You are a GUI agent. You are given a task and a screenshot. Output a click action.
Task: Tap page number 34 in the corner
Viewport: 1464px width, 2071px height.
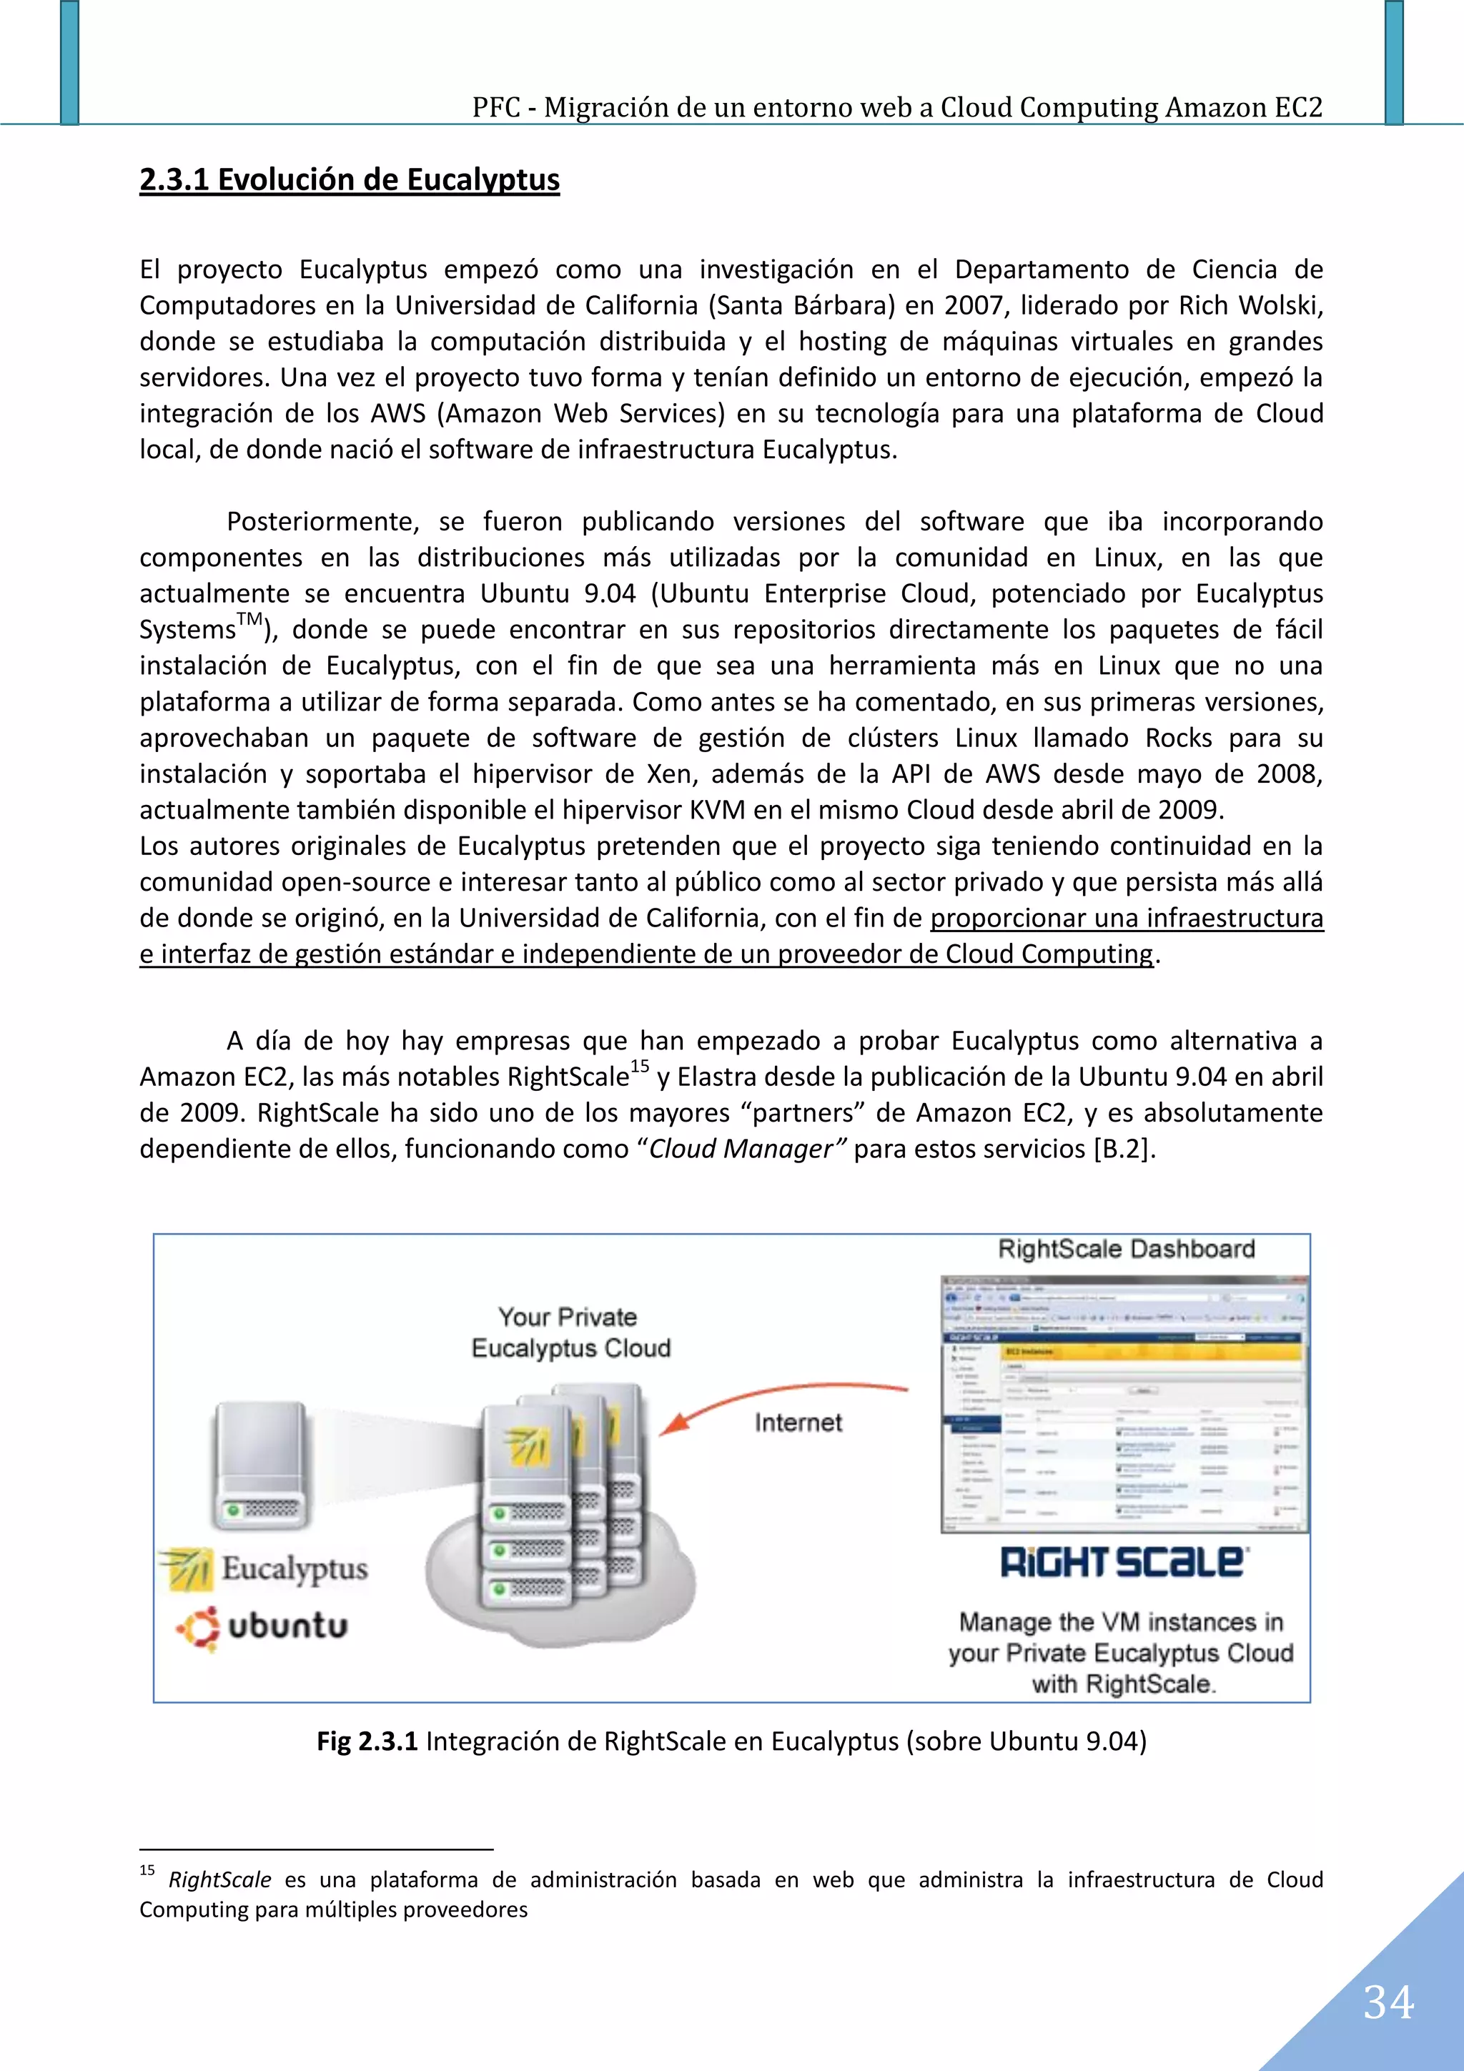point(1388,2003)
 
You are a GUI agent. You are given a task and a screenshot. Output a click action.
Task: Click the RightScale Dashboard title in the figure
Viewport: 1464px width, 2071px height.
point(1126,1250)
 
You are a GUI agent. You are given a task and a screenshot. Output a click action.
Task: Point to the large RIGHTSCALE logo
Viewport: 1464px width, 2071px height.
point(1124,1562)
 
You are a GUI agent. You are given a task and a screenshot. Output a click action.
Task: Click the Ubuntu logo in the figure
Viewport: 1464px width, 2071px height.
point(262,1626)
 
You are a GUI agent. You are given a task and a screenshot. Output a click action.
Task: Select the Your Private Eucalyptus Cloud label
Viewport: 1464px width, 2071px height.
point(570,1333)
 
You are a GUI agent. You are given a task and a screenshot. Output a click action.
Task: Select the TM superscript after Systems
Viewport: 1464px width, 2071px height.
point(250,620)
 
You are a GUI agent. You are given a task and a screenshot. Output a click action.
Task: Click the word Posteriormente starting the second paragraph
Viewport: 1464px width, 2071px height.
point(322,521)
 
